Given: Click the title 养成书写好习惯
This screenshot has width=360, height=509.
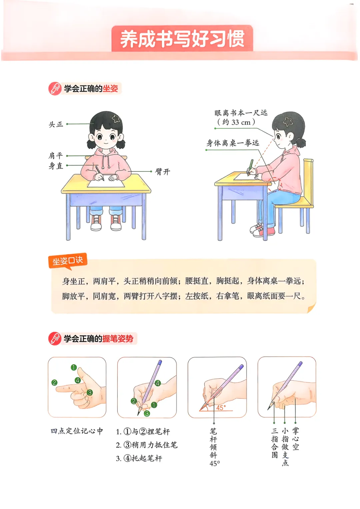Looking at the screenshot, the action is pos(182,39).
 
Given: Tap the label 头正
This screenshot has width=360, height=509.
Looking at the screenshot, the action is pos(56,124).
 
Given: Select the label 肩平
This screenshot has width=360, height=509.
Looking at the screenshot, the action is pos(56,156).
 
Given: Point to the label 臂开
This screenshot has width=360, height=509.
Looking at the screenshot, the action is pos(162,171).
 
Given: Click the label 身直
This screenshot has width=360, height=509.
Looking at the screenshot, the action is pos(56,166).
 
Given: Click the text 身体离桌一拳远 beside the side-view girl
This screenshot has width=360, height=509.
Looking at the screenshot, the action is pos(233,143).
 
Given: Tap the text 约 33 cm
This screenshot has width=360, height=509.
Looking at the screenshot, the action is pos(236,122).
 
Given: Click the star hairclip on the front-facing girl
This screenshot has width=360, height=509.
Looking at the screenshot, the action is pos(116,118).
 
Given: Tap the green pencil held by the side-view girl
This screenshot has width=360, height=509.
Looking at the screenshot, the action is pos(250,167).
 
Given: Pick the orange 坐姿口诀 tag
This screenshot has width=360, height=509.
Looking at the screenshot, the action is pos(68,261).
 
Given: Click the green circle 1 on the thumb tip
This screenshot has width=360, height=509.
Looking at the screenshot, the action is pos(74,368).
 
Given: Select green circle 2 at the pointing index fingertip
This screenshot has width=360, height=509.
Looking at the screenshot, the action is pos(54,383).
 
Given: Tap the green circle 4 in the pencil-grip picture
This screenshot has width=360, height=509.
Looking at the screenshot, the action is pos(158,383).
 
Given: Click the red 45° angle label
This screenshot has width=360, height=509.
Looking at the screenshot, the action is pos(221,408).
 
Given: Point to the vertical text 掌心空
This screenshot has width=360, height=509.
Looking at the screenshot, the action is pos(295,439).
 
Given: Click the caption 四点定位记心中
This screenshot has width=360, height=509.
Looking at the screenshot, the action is pos(77,431).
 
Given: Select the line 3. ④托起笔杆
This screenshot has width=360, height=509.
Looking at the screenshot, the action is pos(139,458).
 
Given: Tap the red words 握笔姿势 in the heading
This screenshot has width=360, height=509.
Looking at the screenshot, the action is pos(118,339).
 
